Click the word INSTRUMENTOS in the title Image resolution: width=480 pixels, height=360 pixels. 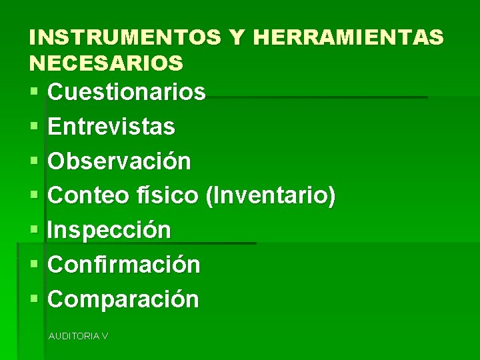coord(125,37)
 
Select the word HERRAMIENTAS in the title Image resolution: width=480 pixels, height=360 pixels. coord(348,37)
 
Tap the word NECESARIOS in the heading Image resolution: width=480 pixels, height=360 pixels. coord(106,63)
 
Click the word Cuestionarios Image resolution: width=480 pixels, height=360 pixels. coord(127,92)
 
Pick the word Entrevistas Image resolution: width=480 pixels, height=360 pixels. coord(111,126)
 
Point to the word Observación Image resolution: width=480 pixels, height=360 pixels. coord(119,161)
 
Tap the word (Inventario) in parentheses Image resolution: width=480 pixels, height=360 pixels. coord(271,196)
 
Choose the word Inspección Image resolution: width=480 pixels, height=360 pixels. coord(109,230)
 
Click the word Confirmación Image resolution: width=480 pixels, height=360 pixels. coord(124,265)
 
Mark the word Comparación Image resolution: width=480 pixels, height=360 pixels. coord(123,299)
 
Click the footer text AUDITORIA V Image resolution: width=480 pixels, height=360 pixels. coord(78,336)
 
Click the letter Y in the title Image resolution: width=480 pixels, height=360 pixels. coord(237,37)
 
